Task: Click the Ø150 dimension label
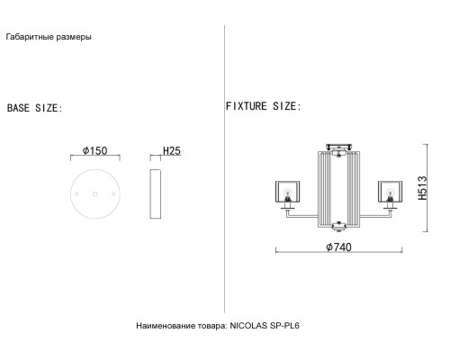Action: coord(94,150)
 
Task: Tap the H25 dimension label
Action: coord(172,150)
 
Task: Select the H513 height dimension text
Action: coord(422,188)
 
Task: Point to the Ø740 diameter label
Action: coord(338,247)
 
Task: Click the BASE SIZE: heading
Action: coord(34,108)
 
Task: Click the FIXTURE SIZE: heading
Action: coord(263,106)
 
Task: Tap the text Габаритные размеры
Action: coord(49,37)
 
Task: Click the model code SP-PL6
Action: coord(284,326)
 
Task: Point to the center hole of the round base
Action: coord(95,194)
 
